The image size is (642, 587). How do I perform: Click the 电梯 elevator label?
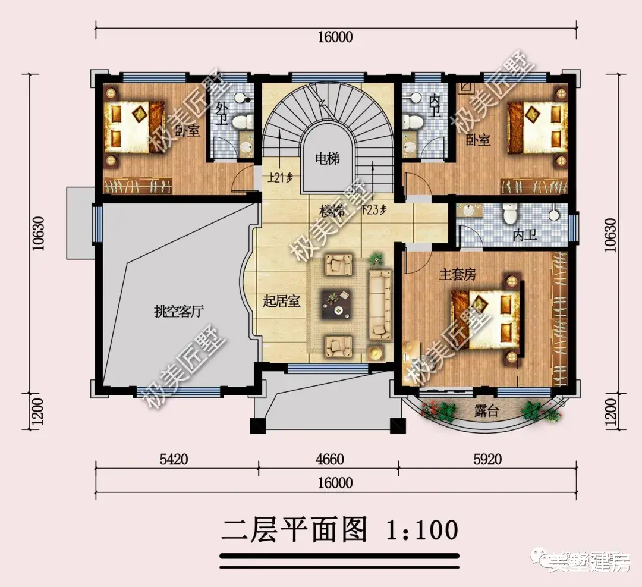point(327,159)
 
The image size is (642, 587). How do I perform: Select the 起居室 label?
point(281,301)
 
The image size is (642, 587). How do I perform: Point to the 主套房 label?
point(458,275)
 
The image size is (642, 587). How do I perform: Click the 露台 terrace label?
point(487,411)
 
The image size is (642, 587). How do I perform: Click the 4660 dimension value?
point(328,459)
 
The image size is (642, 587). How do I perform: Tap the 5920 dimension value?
point(487,459)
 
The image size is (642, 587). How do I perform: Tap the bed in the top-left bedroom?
point(134,126)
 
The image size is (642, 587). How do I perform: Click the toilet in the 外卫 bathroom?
point(241,122)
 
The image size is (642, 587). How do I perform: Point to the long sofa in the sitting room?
point(380,305)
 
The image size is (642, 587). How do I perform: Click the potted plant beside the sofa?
point(375,259)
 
